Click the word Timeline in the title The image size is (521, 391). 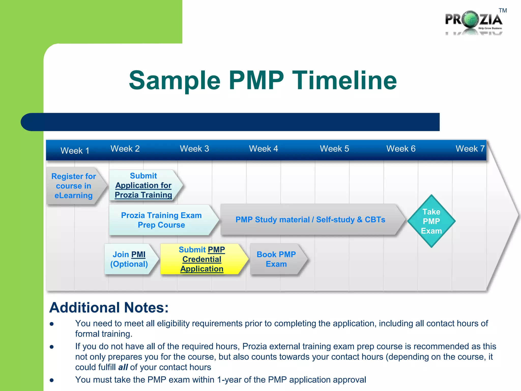[344, 80]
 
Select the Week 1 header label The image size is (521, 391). [75, 151]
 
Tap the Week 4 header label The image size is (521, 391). [263, 149]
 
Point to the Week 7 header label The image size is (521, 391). [470, 149]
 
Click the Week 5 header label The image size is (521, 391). [334, 149]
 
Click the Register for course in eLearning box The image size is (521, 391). [74, 186]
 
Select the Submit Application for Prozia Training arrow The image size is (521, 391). [143, 185]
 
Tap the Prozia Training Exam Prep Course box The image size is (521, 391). [161, 220]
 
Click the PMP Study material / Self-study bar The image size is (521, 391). [310, 219]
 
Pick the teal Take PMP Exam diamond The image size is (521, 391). [431, 221]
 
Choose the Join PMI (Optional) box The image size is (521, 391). [129, 259]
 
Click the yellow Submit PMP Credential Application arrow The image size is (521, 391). [202, 259]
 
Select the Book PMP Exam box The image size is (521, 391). [276, 259]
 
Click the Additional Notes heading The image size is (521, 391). [109, 308]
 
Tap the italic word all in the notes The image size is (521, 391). [123, 367]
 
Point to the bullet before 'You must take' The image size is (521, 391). [52, 380]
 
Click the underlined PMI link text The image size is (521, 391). [138, 255]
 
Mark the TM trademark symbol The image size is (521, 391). [503, 11]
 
